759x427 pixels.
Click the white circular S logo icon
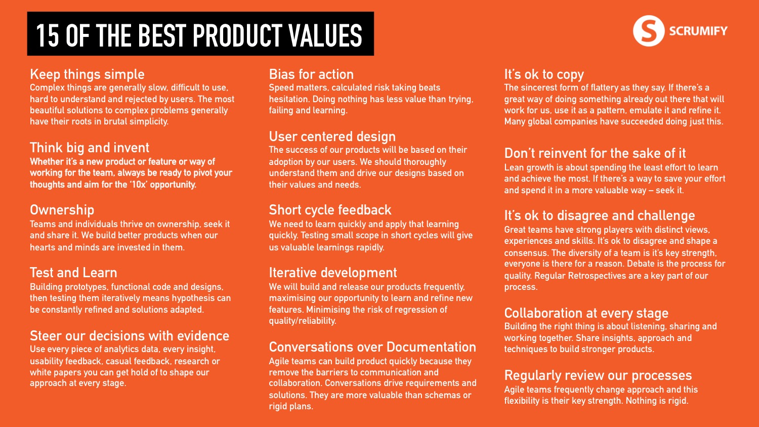coord(649,31)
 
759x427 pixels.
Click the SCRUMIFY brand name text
coord(698,31)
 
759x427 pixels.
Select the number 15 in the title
coord(48,35)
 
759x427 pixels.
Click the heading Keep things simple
coord(87,74)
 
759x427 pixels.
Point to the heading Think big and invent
coord(90,148)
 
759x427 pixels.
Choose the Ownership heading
coord(62,210)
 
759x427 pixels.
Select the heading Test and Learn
coord(73,273)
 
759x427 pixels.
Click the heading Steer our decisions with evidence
coord(130,336)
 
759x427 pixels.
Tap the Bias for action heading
coord(311,74)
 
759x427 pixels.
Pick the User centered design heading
coord(332,137)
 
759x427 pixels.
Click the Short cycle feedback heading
coord(330,210)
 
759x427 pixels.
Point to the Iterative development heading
coord(333,273)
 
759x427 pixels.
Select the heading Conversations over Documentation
coord(372,347)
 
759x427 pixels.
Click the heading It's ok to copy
coord(544,74)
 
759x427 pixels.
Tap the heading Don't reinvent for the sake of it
coord(595,153)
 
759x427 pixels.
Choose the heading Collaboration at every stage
coord(586,313)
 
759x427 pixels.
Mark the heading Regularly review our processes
coord(598,375)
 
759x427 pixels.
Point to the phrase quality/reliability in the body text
coord(302,321)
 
